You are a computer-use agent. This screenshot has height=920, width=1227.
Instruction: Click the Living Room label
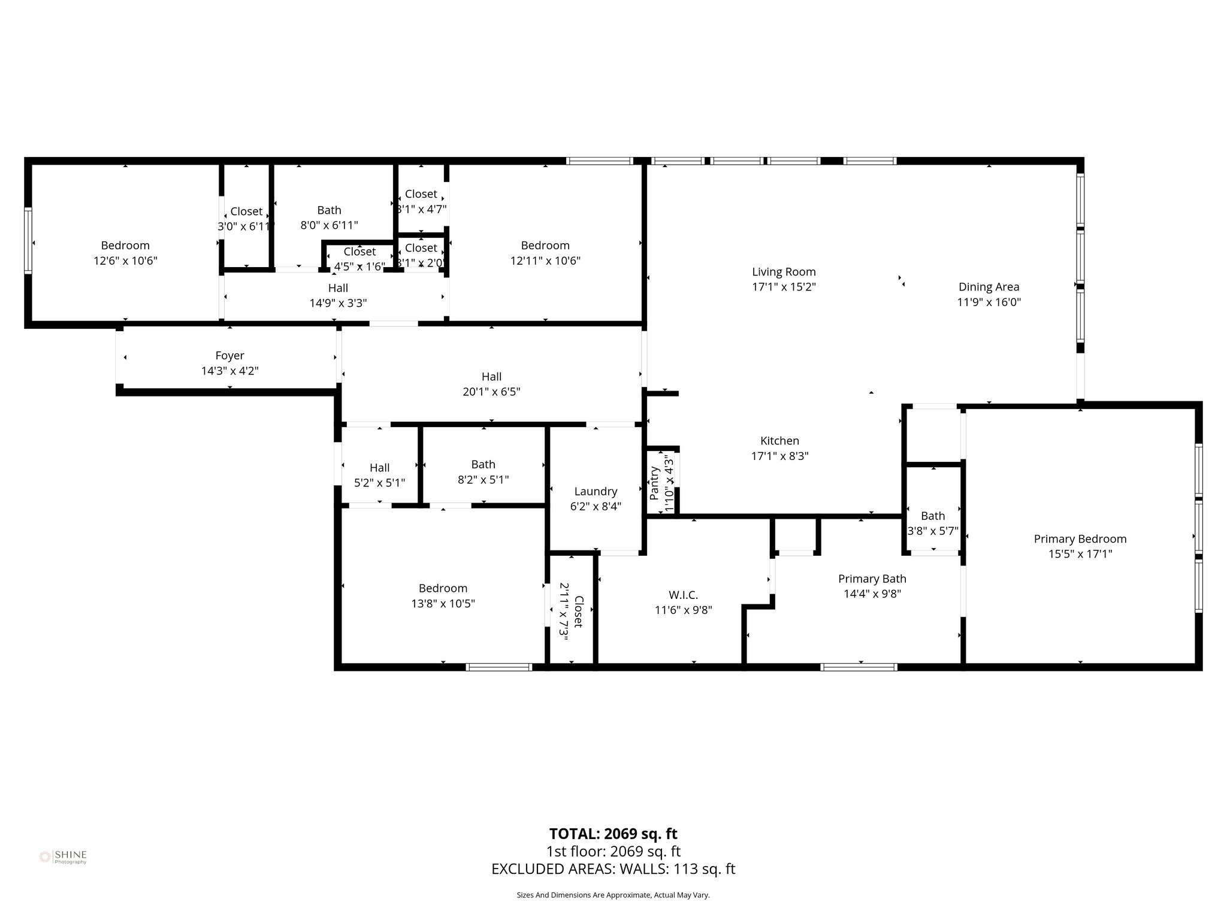(x=784, y=272)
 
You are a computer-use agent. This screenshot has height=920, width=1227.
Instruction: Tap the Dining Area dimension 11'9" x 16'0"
(x=989, y=302)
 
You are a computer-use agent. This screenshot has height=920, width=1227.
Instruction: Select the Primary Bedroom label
(x=1080, y=538)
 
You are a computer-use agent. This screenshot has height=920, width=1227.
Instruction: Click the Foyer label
(x=229, y=356)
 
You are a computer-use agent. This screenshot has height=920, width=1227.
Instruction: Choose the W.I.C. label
(x=683, y=595)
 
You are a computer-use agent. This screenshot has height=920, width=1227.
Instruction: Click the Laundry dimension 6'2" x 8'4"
(x=595, y=506)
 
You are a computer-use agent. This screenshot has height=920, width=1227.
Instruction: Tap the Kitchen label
(x=779, y=441)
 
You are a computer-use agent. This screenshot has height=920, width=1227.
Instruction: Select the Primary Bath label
(x=872, y=579)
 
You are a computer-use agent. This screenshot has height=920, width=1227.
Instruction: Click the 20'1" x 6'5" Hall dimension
(x=491, y=392)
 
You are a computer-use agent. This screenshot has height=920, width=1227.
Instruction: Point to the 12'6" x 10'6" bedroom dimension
(x=125, y=261)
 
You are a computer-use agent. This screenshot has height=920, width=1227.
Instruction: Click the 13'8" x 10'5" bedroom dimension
(x=443, y=603)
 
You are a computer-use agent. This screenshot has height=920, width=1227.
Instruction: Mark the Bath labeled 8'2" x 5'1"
(x=483, y=464)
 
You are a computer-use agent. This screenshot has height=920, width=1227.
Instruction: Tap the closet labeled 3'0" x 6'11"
(x=246, y=211)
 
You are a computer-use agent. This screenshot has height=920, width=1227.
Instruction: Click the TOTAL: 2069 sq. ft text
(x=613, y=834)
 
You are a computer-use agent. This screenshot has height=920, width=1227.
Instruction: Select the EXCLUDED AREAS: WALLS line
(x=613, y=869)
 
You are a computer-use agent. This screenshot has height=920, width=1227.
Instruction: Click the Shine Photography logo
(x=63, y=857)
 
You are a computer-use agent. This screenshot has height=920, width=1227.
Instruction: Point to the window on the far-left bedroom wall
(x=28, y=240)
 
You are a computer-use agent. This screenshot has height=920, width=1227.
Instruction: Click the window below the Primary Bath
(x=859, y=667)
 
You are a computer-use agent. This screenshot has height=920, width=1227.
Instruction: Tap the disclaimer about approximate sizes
(x=613, y=895)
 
